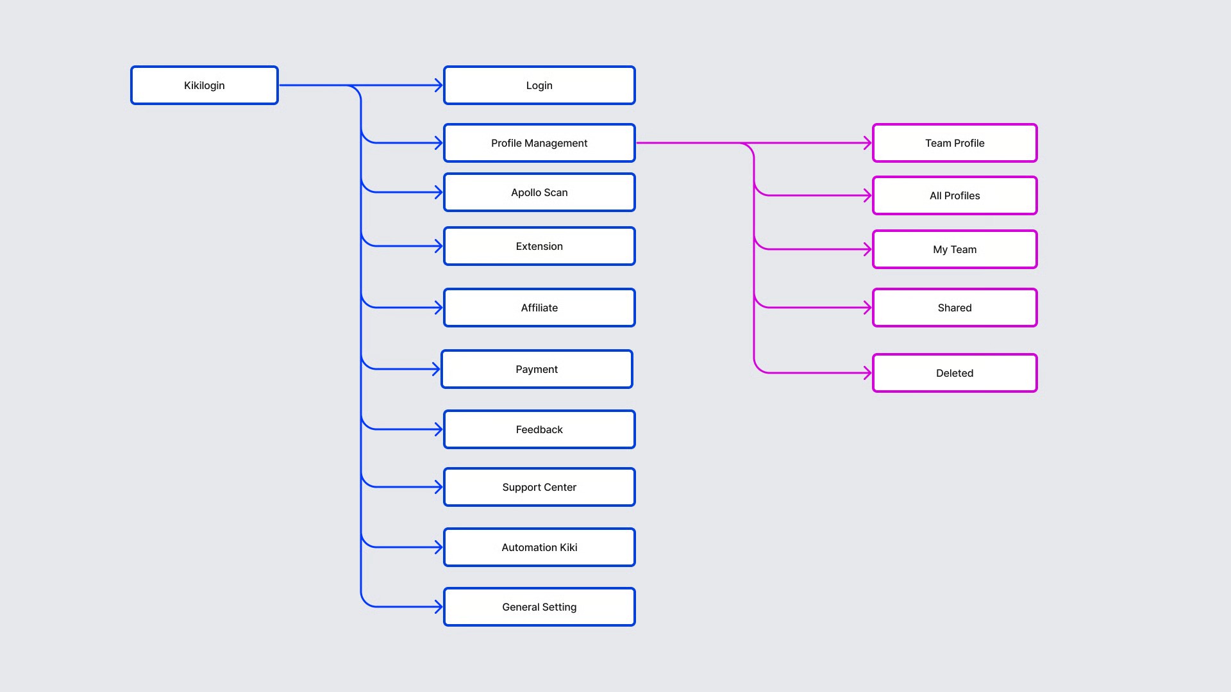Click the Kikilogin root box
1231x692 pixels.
[x=205, y=85]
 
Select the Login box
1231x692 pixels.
[x=539, y=85]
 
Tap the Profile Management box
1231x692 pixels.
[x=539, y=143]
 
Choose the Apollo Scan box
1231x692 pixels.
[x=539, y=192]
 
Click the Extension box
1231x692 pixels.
[x=539, y=246]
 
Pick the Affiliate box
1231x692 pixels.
[x=539, y=308]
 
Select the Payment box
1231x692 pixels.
[x=537, y=369]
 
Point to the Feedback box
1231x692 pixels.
[x=539, y=429]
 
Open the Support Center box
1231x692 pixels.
[x=539, y=487]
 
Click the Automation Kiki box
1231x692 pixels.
[x=539, y=547]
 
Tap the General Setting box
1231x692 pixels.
[x=539, y=607]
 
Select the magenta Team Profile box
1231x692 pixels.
[x=955, y=143]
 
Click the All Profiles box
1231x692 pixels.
[x=955, y=195]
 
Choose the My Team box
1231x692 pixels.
[x=955, y=249]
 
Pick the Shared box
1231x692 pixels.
[x=955, y=308]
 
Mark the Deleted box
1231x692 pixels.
[x=955, y=373]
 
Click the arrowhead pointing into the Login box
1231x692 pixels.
[x=439, y=85]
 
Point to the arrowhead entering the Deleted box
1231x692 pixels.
[x=868, y=373]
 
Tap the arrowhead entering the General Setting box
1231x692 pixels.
[x=439, y=607]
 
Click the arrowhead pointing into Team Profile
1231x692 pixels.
[x=868, y=143]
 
